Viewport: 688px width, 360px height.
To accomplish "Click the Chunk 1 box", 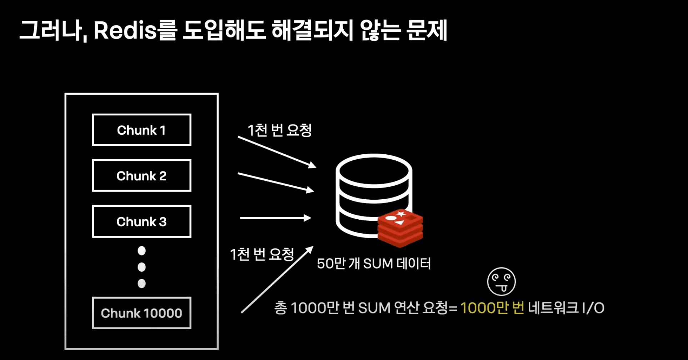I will coord(141,130).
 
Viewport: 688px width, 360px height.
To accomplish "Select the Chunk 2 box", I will coord(141,176).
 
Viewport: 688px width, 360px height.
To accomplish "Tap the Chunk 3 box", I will coord(141,221).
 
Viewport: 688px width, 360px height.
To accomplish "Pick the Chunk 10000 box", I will coord(141,313).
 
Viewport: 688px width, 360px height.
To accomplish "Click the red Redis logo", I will coord(400,228).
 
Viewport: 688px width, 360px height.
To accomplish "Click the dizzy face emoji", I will coord(501,281).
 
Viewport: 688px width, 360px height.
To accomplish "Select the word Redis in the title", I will coord(125,31).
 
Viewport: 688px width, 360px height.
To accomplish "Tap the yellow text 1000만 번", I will coord(492,308).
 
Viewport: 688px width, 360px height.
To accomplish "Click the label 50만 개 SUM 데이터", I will coord(374,264).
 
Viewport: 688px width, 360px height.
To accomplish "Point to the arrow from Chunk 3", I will coord(275,218).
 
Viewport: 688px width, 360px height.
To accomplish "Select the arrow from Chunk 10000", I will coord(277,279).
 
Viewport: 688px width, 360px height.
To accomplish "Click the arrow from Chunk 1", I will coord(277,152).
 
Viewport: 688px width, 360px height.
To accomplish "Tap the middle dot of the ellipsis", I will coord(141,267).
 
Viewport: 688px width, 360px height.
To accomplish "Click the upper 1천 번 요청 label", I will coord(280,130).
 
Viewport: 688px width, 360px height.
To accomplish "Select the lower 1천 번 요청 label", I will coord(262,255).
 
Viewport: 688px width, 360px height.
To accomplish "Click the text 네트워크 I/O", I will coord(566,308).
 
